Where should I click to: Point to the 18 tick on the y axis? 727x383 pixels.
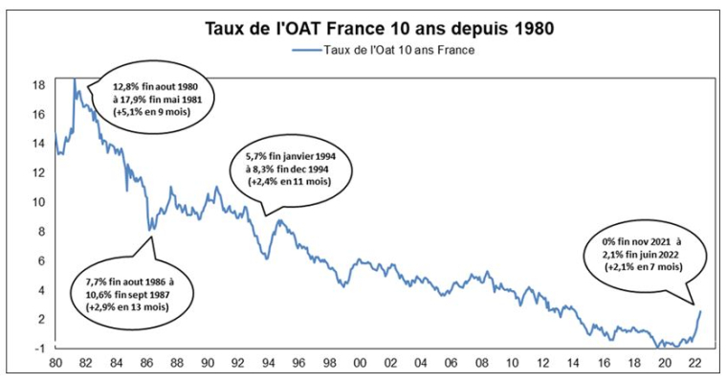click(39, 85)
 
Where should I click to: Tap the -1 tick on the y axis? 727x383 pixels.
click(39, 348)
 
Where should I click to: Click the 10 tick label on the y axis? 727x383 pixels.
click(39, 202)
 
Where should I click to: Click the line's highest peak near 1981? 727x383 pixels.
click(74, 80)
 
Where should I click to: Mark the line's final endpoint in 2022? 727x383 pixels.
click(700, 310)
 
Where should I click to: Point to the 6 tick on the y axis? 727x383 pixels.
click(39, 260)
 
